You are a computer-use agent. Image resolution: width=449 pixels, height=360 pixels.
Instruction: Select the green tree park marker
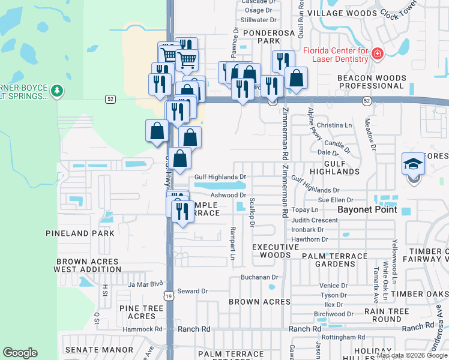(x=57, y=91)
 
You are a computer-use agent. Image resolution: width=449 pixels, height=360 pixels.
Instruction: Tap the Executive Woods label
(x=275, y=251)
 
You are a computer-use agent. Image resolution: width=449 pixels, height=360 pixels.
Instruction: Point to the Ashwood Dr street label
(x=229, y=195)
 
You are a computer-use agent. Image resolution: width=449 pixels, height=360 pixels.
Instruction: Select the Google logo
(x=20, y=353)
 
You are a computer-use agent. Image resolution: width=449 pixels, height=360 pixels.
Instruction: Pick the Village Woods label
(x=342, y=13)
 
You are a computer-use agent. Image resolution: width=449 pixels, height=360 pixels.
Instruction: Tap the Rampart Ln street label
(x=232, y=244)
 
